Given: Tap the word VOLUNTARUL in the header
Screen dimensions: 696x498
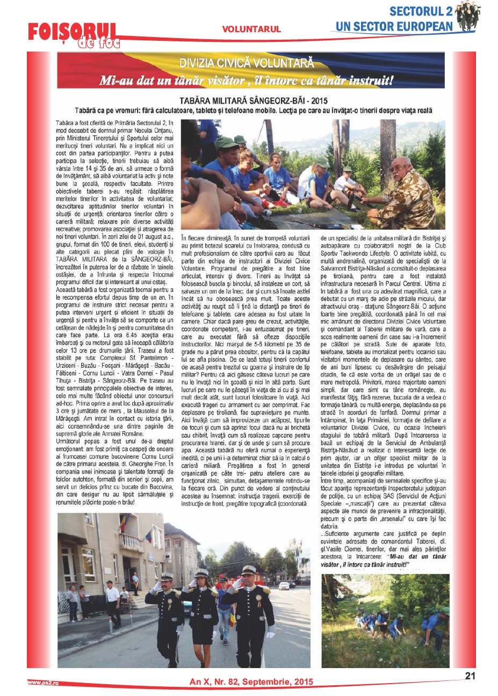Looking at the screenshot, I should click(x=251, y=30).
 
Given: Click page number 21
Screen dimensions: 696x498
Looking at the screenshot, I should click(x=470, y=676).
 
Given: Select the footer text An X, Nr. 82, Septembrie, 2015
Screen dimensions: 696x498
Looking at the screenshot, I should click(x=251, y=682).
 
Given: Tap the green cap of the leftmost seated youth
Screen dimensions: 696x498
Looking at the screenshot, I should click(x=226, y=143).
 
